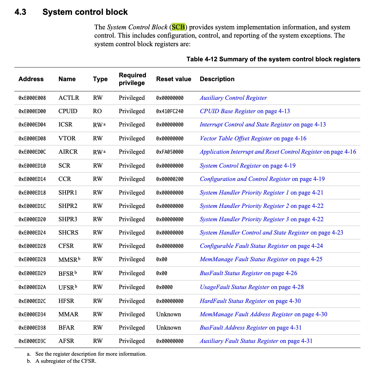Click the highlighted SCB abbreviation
pos(178,27)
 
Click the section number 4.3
pos(20,12)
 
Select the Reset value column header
pos(173,79)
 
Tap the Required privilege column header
pos(132,79)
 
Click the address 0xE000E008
pos(32,98)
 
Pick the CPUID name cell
pos(68,111)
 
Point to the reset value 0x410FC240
pos(170,112)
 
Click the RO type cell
pos(97,111)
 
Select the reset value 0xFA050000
pos(170,152)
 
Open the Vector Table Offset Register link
pos(236,138)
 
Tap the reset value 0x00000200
pos(170,179)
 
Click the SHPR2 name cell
pos(68,206)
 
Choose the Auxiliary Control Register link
pos(233,98)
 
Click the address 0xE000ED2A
pos(32,287)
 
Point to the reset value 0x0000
pos(164,287)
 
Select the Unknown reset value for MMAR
pos(168,315)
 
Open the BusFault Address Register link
pos(234,328)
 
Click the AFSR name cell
pos(66,341)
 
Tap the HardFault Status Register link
pos(233,301)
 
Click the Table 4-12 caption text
pos(273,59)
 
